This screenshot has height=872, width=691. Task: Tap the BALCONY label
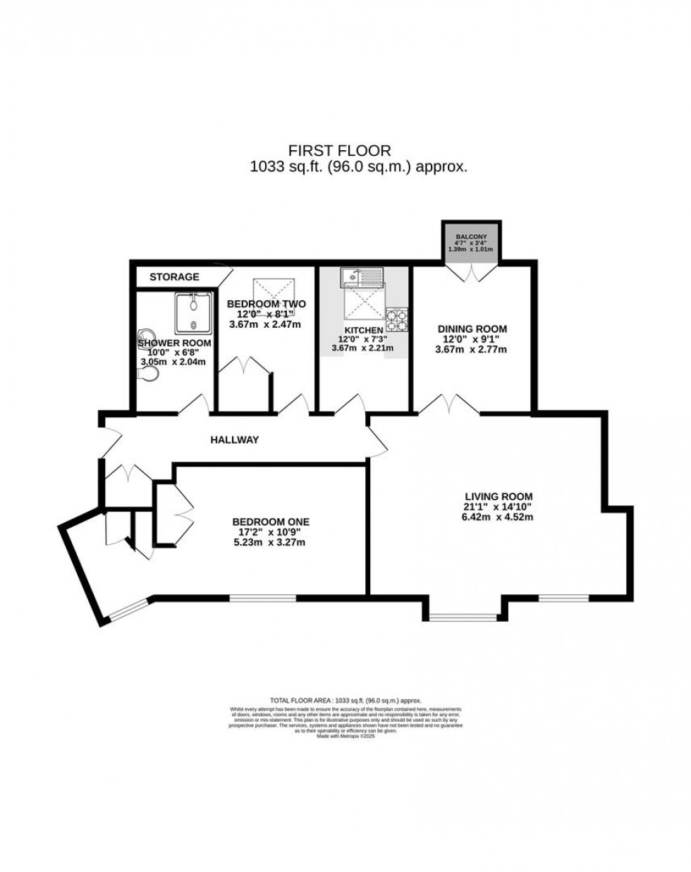(471, 236)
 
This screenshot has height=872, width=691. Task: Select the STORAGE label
(174, 277)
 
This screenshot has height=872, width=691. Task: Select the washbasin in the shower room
(146, 337)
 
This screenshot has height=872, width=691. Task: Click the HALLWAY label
(235, 440)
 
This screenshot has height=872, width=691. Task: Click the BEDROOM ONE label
(271, 522)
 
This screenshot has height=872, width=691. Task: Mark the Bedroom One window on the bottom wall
(262, 598)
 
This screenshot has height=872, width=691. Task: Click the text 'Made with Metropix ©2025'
(345, 737)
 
